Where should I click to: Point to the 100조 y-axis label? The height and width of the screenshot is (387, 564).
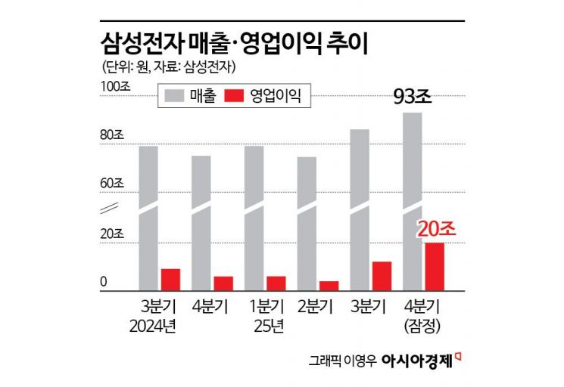click(116, 86)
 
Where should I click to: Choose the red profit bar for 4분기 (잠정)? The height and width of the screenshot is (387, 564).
click(435, 267)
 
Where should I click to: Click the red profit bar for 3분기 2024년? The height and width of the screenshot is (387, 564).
click(170, 280)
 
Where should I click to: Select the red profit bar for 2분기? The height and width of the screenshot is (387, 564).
click(329, 286)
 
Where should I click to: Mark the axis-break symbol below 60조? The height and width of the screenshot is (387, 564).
click(111, 207)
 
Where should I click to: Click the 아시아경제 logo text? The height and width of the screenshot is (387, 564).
click(421, 361)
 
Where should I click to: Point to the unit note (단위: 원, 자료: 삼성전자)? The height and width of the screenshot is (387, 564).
click(169, 67)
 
